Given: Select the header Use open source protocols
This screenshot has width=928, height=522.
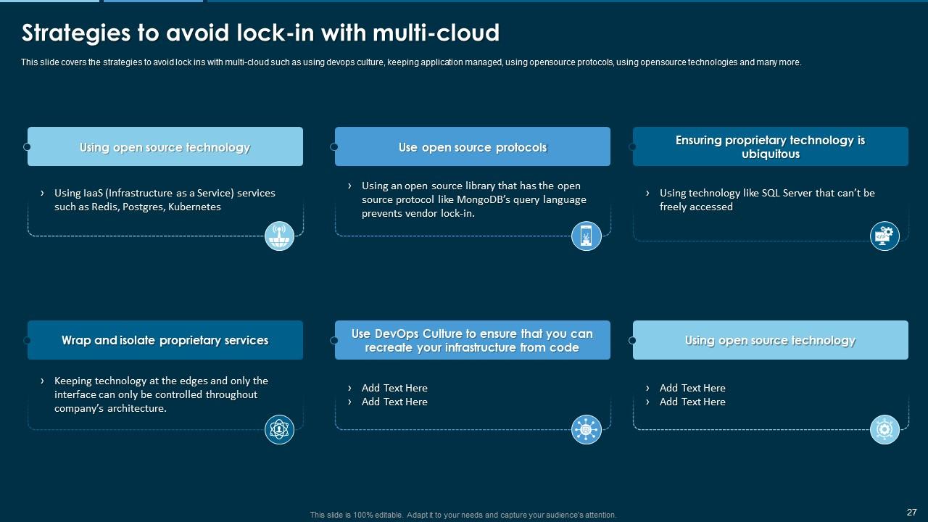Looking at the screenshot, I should [472, 147].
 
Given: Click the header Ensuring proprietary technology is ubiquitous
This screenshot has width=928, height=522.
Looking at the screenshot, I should [770, 147].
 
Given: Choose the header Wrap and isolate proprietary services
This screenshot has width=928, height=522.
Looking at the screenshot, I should [165, 340].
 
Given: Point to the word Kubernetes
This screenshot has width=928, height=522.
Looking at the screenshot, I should [194, 207].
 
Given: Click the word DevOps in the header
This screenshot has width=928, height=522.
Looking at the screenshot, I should [397, 333].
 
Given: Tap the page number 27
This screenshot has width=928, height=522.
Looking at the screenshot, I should [911, 512].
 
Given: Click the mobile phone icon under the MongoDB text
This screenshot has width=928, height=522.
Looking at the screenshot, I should [586, 236].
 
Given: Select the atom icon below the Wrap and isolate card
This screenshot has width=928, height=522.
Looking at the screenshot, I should [279, 429].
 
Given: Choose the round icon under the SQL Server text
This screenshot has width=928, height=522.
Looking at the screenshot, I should [884, 236].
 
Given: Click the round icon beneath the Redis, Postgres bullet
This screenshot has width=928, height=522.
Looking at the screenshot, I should [279, 236].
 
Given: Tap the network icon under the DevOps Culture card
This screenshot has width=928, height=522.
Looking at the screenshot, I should [586, 429].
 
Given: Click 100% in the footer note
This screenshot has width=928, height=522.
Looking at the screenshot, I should [362, 515].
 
